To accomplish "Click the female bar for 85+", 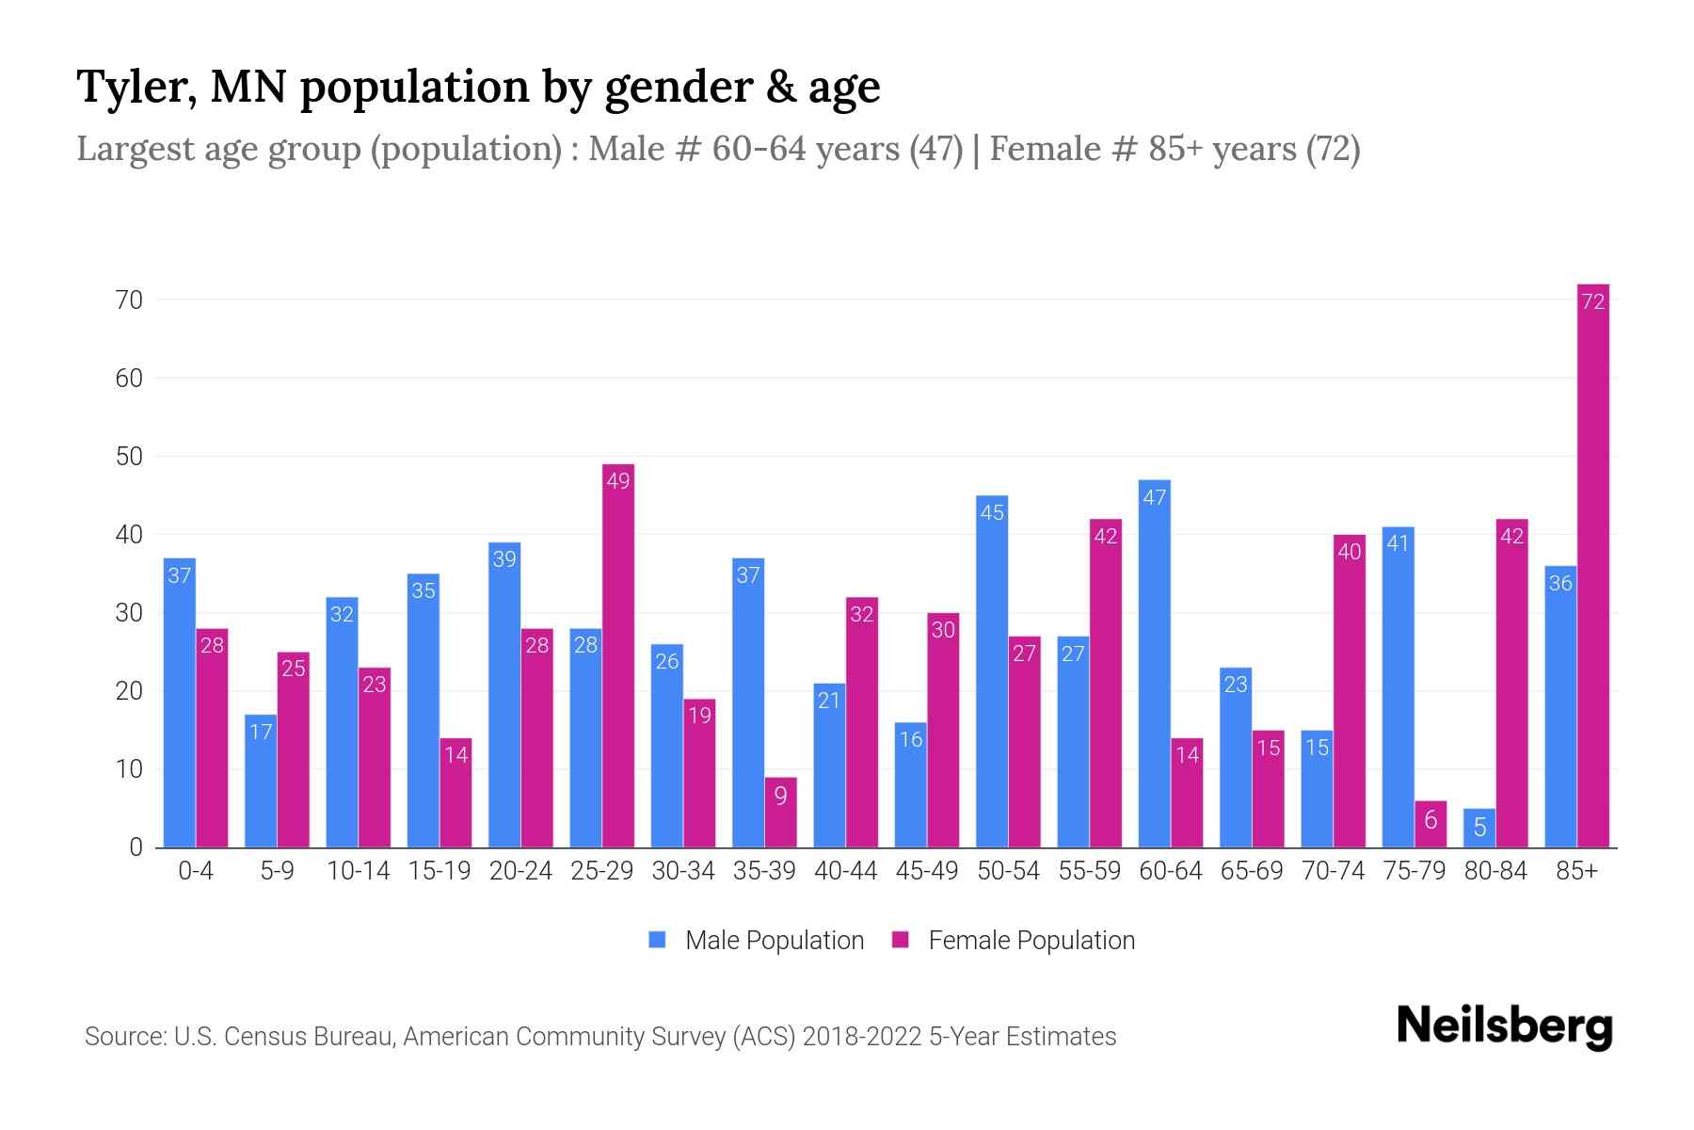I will tap(1592, 565).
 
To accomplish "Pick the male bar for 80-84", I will tap(1478, 828).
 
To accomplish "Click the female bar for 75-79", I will tap(1430, 824).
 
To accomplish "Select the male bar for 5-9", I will tap(261, 781).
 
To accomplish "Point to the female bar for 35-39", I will tap(780, 812).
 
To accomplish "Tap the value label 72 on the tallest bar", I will tap(1592, 301).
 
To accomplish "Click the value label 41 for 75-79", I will tap(1398, 543).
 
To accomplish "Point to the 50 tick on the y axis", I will tap(129, 457).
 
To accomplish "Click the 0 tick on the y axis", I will tap(136, 847).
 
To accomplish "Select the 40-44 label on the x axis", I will tap(845, 871).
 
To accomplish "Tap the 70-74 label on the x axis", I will tap(1333, 871).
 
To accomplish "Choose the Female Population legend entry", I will tap(1014, 941).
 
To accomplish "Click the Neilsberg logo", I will tap(1504, 1026).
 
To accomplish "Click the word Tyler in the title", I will tap(136, 87).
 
